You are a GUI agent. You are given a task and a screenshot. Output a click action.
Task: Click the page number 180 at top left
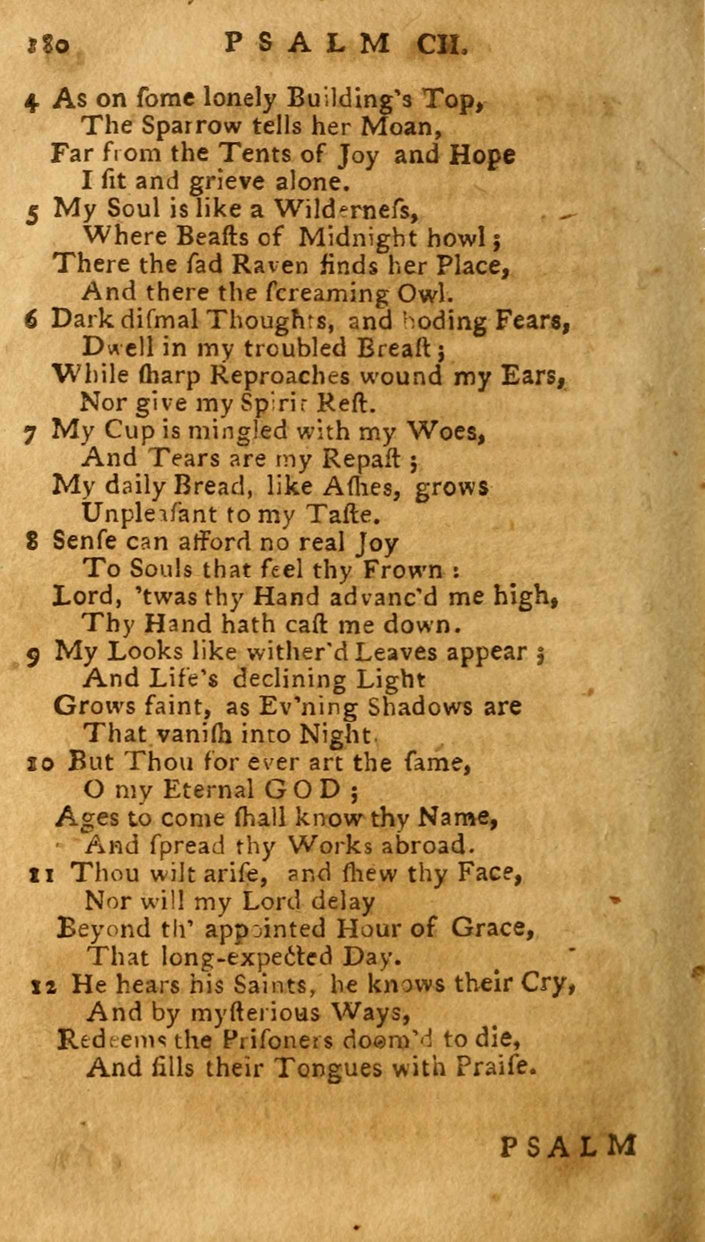point(46,46)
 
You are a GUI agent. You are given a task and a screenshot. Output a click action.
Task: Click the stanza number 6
point(31,321)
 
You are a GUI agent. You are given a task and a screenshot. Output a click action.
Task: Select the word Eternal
point(208,789)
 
